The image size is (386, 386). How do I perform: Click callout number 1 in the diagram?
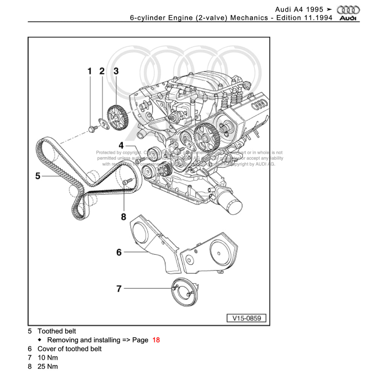[x=90, y=71]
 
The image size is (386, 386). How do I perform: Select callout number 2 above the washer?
[x=102, y=71]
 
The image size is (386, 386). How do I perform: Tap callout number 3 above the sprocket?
[x=116, y=71]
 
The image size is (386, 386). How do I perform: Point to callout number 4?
[x=121, y=146]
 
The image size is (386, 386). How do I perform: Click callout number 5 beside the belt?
[x=38, y=176]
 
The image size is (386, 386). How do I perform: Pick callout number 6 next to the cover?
[x=119, y=252]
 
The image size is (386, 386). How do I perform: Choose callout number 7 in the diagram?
[x=119, y=289]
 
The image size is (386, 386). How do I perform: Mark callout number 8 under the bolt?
[x=124, y=217]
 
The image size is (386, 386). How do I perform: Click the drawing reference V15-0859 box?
[x=247, y=318]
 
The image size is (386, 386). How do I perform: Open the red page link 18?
[x=156, y=340]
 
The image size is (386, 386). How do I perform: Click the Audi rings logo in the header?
[x=348, y=10]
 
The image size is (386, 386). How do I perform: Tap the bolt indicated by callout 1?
[x=91, y=129]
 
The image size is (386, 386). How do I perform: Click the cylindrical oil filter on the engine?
[x=233, y=207]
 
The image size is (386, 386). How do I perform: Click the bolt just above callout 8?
[x=126, y=182]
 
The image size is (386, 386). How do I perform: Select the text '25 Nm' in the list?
[x=48, y=366]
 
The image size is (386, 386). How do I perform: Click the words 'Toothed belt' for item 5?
[x=57, y=331]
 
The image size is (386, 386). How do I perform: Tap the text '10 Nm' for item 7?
[x=48, y=358]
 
